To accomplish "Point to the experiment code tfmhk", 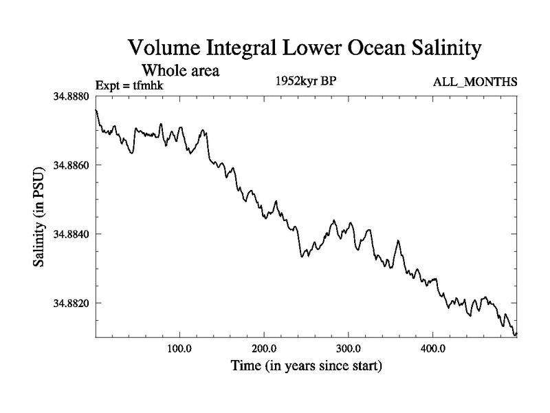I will click(147, 85).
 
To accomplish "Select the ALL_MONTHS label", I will click(474, 83).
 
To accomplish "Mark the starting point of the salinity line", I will click(96, 109).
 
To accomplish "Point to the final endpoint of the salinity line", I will click(516, 334).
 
